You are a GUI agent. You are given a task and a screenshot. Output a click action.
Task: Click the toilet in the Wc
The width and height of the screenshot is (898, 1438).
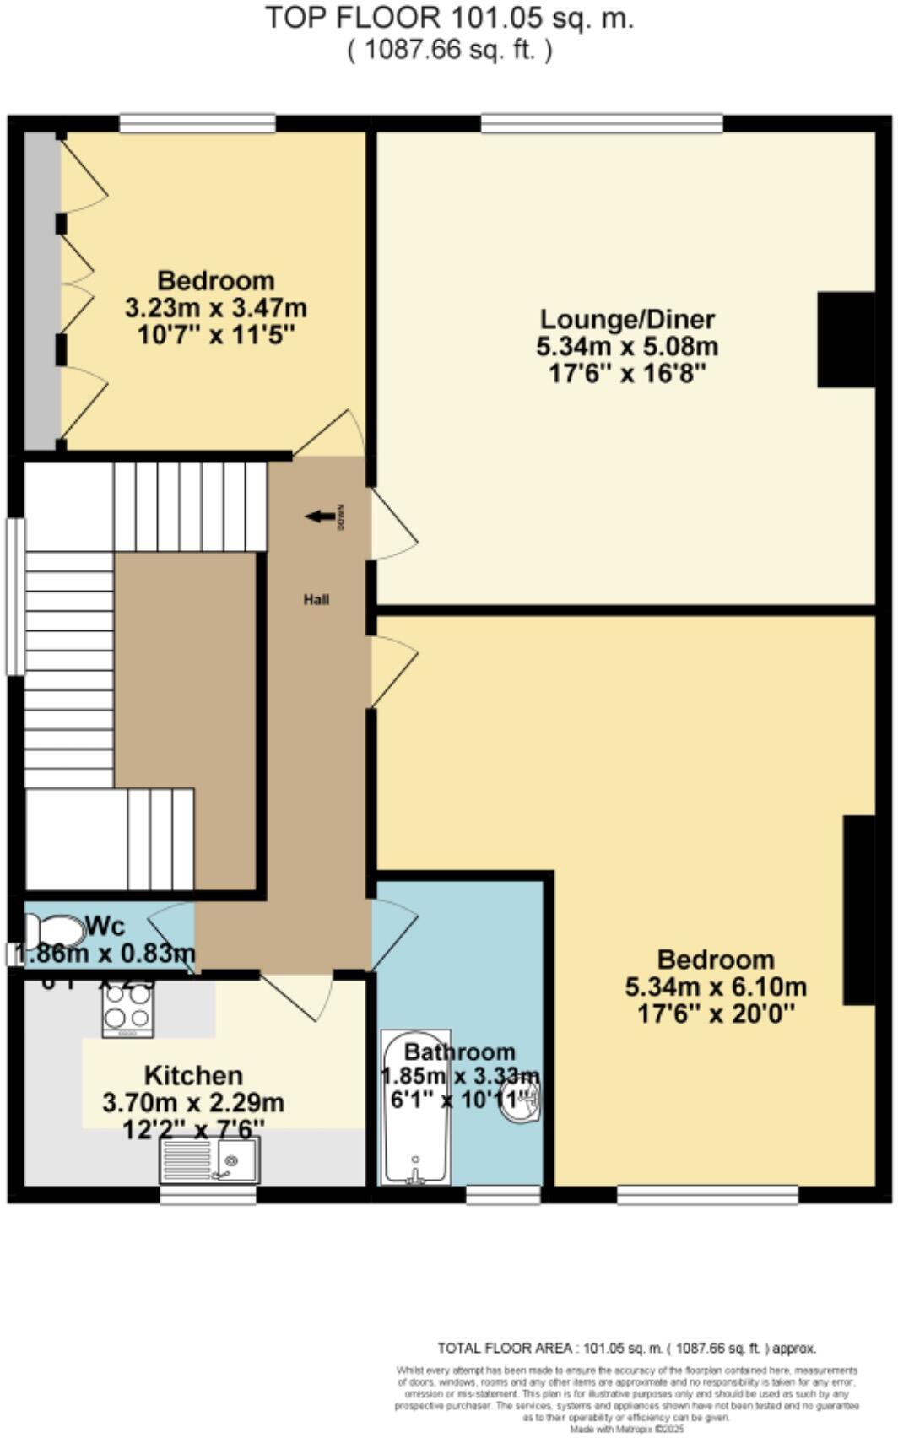52,932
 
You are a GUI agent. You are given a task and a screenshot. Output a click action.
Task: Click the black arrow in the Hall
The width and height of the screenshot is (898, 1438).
320,516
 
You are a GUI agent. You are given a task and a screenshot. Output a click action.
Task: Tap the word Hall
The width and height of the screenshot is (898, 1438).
316,600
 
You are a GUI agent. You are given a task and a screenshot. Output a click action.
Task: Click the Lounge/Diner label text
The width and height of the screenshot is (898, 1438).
627,319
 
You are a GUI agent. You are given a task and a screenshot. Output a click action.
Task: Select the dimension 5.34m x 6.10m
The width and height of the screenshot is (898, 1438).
716,986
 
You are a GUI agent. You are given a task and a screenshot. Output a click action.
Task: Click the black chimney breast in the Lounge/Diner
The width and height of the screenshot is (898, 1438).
846,339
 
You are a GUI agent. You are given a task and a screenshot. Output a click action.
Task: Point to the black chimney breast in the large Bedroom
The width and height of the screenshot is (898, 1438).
858,910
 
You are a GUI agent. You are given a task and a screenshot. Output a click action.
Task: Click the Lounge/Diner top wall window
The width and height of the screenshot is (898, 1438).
602,124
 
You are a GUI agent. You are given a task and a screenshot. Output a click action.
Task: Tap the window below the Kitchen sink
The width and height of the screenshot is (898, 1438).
208,1195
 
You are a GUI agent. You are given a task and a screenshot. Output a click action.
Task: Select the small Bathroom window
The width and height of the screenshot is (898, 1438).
503,1194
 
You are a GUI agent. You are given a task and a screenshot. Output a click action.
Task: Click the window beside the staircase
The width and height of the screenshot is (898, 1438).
15,597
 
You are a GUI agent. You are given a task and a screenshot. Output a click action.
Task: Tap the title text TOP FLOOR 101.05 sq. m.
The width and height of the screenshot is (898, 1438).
449,18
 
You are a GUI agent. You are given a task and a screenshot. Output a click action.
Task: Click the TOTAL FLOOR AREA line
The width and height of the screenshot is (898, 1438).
626,1349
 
